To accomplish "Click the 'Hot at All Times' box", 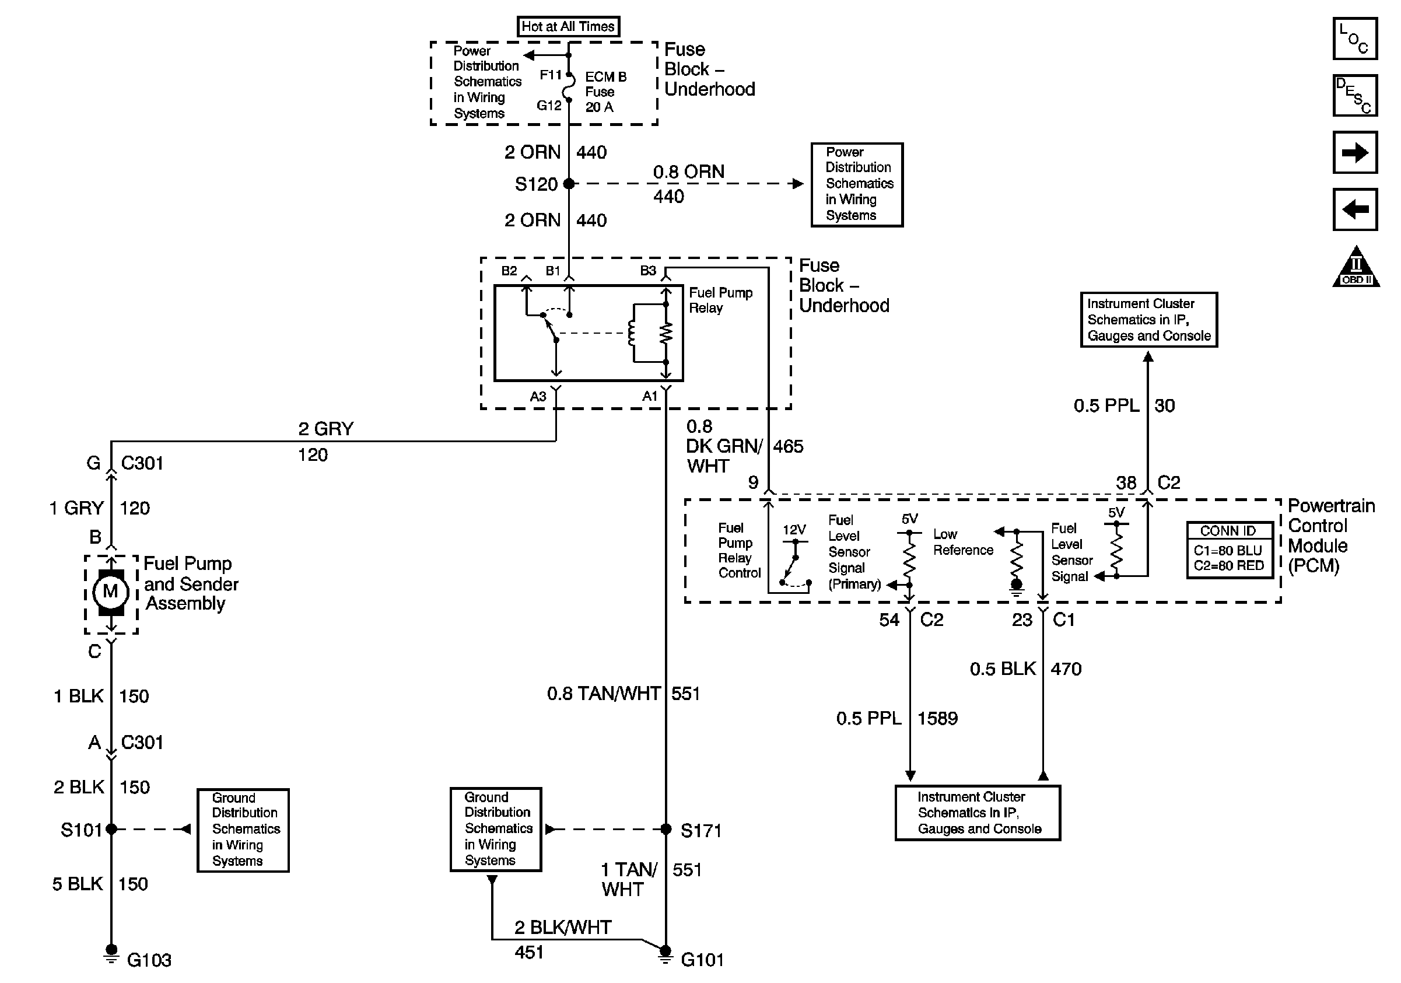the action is [568, 26].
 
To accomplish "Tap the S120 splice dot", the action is [569, 183].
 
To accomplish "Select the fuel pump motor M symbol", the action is [110, 592].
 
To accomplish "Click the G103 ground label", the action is [149, 960].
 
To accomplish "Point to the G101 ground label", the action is [702, 960].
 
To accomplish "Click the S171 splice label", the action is [701, 831].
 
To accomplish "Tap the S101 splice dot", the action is [111, 828].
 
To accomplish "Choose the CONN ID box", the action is [1230, 550].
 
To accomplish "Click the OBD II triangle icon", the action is [1356, 267].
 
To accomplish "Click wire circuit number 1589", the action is [938, 719].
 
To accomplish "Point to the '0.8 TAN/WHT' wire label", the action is [604, 694].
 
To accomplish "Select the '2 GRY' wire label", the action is [326, 429].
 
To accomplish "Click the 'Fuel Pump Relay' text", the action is [721, 300].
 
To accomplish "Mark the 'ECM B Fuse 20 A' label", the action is [605, 92].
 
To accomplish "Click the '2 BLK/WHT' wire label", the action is [563, 928].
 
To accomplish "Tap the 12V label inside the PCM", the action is [794, 530].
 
